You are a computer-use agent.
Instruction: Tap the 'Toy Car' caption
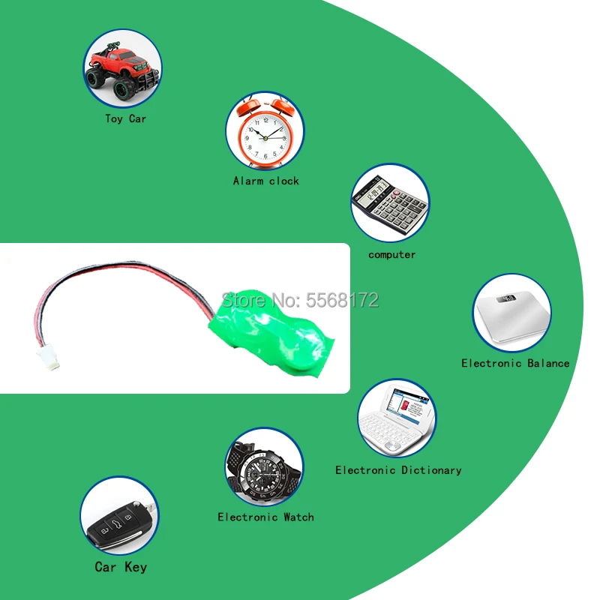pyautogui.click(x=125, y=118)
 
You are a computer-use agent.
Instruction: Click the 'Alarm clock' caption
pyautogui.click(x=265, y=181)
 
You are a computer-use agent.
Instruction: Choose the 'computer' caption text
pyautogui.click(x=391, y=255)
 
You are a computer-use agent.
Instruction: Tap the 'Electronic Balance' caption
pyautogui.click(x=515, y=363)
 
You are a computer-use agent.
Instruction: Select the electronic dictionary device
pyautogui.click(x=396, y=420)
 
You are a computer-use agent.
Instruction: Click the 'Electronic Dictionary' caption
pyautogui.click(x=398, y=470)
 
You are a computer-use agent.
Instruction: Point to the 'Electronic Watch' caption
pyautogui.click(x=265, y=517)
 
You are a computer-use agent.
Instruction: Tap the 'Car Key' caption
pyautogui.click(x=121, y=567)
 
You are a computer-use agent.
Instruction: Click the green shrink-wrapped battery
pyautogui.click(x=277, y=331)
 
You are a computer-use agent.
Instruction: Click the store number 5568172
pyautogui.click(x=343, y=301)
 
